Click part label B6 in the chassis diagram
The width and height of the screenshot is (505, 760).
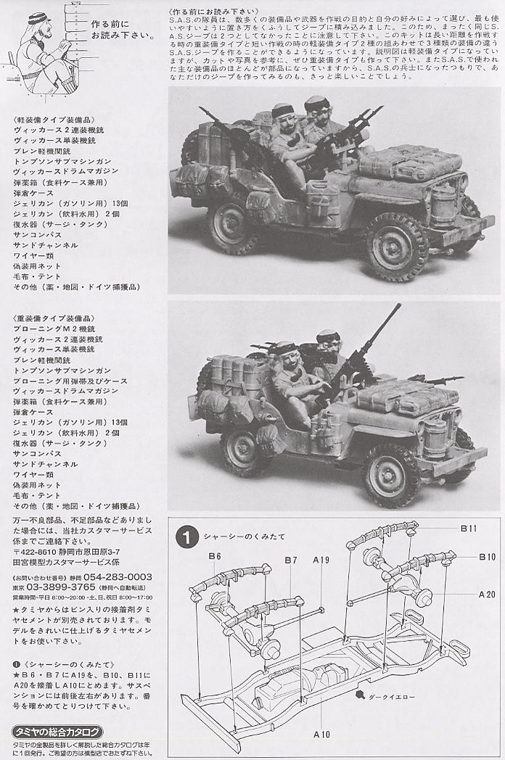(214, 555)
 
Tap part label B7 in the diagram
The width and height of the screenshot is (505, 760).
(290, 560)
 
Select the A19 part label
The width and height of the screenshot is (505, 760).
(321, 560)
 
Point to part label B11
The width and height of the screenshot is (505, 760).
(469, 530)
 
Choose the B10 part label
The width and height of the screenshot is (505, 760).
(486, 556)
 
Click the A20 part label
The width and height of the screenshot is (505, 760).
(486, 593)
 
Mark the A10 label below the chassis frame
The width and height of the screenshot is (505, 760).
(321, 734)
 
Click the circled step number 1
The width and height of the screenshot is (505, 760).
(187, 537)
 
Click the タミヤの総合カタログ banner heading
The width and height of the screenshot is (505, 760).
(58, 731)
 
